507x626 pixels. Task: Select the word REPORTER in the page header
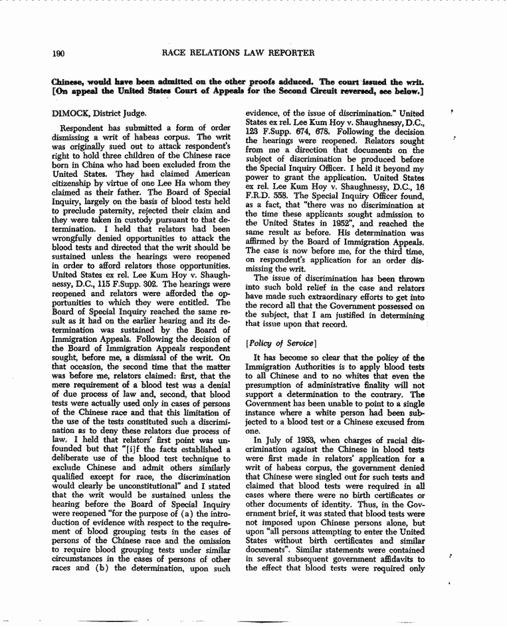click(x=290, y=53)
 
